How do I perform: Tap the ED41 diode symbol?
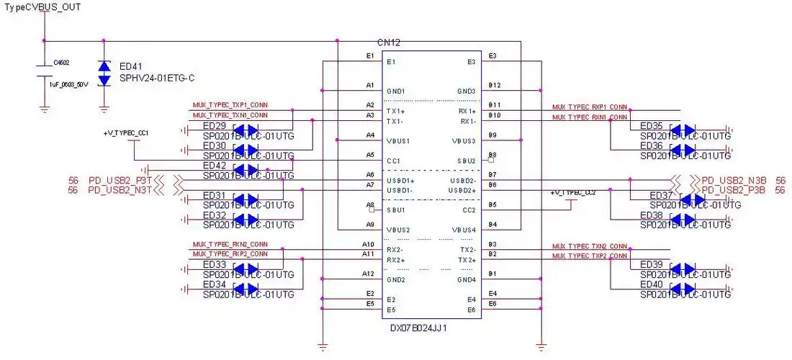(x=104, y=73)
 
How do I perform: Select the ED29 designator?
(x=215, y=126)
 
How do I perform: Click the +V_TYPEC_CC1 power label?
(x=126, y=133)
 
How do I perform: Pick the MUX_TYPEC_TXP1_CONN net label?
(x=230, y=105)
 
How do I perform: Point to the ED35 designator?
(x=651, y=125)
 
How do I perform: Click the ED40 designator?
(x=651, y=285)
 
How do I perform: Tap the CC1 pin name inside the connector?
(x=394, y=161)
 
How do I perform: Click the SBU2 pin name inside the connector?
(x=467, y=161)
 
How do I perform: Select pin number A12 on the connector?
(x=368, y=274)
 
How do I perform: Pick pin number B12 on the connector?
(x=494, y=85)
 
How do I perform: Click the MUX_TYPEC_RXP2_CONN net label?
(x=230, y=253)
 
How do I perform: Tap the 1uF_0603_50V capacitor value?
(x=68, y=84)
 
